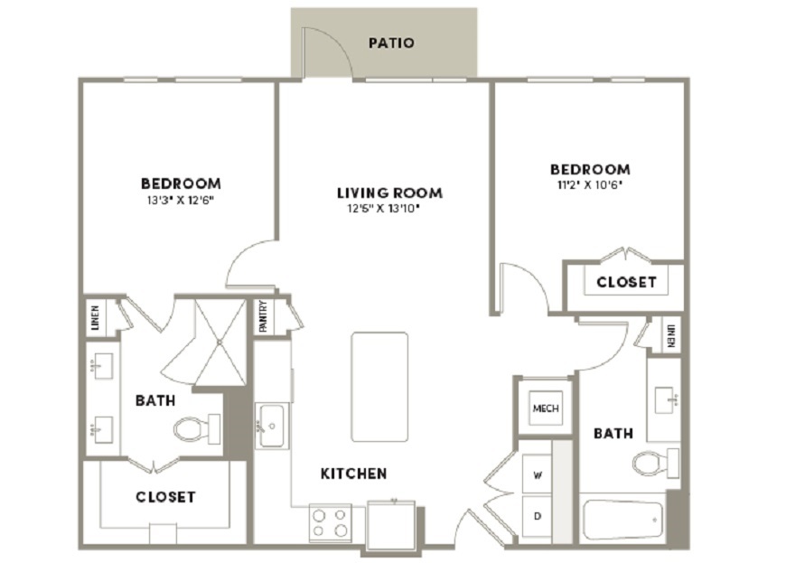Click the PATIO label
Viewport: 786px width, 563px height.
(391, 43)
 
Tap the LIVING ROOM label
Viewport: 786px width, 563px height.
(389, 193)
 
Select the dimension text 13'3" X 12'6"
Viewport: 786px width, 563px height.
(181, 201)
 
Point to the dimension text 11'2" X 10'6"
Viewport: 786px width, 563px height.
(589, 184)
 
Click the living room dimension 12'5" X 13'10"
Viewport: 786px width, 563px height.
(383, 208)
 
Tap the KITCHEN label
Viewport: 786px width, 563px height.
(353, 474)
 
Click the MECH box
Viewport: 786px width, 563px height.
(546, 408)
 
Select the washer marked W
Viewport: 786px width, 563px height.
(537, 474)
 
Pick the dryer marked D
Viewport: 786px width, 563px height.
(537, 516)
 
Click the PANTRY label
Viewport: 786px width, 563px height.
(263, 316)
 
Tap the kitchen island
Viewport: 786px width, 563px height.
(379, 387)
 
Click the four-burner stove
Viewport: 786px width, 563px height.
(330, 523)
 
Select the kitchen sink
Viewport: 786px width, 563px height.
(271, 426)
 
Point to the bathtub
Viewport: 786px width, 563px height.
(623, 520)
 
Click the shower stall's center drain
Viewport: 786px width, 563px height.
(220, 342)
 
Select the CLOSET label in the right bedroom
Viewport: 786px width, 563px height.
(627, 282)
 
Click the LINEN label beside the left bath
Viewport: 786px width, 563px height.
(95, 318)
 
